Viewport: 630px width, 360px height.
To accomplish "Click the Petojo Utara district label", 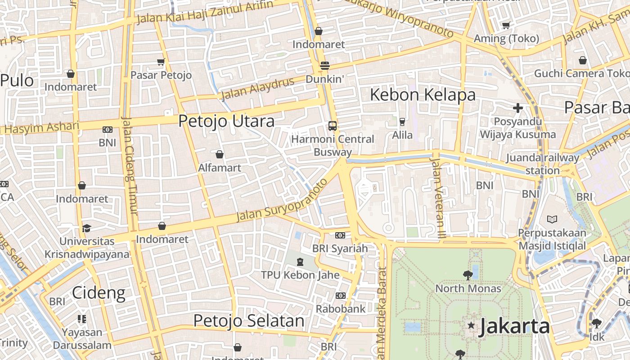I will (x=226, y=121).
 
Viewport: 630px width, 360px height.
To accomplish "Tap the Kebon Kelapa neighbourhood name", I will (x=423, y=94).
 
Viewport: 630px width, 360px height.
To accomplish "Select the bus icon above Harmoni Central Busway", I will (x=333, y=126).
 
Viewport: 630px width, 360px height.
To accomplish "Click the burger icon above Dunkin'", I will (x=324, y=66).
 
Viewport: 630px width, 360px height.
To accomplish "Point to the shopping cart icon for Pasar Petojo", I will (x=161, y=62).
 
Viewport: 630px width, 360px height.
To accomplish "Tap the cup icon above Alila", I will (x=402, y=121).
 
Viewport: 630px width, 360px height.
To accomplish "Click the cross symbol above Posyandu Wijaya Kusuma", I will (x=518, y=108).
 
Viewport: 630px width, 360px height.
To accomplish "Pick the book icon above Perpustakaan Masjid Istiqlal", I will (x=552, y=219).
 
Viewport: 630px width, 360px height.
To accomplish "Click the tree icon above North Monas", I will (x=468, y=275).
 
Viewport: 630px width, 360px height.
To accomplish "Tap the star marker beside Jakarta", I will (x=471, y=325).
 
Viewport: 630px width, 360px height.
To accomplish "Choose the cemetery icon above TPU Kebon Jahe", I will (x=300, y=261).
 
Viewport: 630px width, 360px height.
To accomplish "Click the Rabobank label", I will (x=341, y=309).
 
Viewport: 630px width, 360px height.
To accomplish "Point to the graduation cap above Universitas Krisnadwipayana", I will (x=86, y=228).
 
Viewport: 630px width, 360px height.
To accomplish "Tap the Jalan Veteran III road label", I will (x=436, y=196).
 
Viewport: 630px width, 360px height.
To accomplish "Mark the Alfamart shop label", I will (x=220, y=168).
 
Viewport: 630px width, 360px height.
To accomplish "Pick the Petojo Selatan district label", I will (x=249, y=321).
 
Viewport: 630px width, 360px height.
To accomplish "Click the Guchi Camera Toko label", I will (x=582, y=73).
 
